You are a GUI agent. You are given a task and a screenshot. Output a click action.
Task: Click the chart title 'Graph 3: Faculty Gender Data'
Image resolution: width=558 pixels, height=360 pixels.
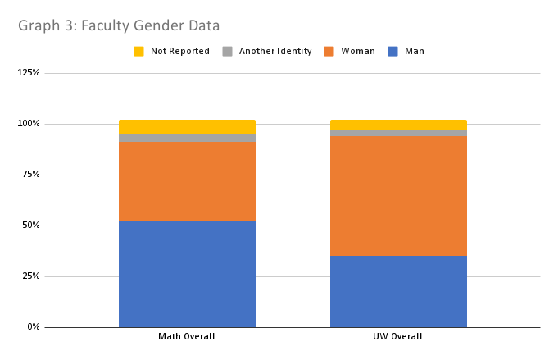coord(119,25)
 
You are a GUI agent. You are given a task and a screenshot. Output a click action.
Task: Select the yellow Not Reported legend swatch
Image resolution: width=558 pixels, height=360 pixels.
coord(138,52)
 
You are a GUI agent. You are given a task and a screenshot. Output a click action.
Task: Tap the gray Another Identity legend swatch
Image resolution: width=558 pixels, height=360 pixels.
coord(227,52)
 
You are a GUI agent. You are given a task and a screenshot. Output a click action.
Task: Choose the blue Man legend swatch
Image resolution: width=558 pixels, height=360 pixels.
coord(392,52)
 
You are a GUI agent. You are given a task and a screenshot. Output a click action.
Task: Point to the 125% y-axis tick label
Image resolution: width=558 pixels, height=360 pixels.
coord(29,73)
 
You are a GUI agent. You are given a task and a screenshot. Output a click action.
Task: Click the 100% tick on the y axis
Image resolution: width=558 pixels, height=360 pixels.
coord(29,124)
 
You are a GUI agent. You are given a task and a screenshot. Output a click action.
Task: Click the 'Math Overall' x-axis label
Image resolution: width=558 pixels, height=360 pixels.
coord(187,337)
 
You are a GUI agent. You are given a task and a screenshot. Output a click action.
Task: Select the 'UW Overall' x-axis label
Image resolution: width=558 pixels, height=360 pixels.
coord(398,337)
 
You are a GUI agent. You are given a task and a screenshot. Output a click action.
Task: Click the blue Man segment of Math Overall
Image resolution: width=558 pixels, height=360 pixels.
coord(187,274)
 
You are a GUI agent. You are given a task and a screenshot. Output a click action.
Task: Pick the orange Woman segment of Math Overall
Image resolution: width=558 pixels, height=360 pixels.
coord(187,181)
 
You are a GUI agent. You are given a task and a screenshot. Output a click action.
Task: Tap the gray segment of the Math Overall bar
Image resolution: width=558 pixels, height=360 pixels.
coord(187,139)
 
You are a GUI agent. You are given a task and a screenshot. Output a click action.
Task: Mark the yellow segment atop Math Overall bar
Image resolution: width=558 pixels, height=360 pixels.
coord(187,127)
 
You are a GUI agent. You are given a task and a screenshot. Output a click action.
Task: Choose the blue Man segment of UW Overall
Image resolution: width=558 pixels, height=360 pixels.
coord(398,291)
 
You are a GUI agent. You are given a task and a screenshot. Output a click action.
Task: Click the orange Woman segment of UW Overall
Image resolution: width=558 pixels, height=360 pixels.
coord(398,196)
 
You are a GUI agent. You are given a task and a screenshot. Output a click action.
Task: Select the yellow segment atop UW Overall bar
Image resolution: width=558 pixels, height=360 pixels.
coord(398,125)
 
